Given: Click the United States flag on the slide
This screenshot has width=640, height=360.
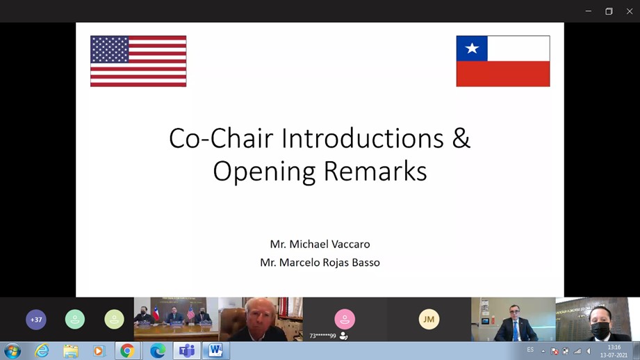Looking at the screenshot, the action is pos(138,61).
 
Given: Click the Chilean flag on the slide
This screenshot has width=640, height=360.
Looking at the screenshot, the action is pos(503,61).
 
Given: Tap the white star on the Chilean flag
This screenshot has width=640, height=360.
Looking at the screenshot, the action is pos(472,48).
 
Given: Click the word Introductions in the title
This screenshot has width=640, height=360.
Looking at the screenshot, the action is pos(363,138).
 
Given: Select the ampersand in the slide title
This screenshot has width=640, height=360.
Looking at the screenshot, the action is pos(461,138).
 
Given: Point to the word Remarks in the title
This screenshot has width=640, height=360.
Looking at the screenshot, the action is pos(375,171).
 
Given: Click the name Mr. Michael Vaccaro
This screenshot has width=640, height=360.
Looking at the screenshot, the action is pos(320,244).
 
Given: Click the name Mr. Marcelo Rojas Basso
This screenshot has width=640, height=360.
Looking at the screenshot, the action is pos(320,263).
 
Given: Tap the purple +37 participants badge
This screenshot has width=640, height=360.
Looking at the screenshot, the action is pos(36,320).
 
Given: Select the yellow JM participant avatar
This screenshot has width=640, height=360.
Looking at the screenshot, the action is pos(429,319).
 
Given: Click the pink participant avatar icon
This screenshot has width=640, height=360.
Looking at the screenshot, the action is pos(345,319).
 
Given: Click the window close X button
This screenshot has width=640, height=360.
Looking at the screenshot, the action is pos(630,11).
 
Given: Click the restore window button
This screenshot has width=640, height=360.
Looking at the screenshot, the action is pos(609,11).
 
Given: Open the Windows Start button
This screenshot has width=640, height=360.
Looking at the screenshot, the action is pos(13,351).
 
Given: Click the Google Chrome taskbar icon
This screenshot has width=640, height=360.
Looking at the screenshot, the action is pos(127,351).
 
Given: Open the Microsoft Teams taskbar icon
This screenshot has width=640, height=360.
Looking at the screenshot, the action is pos(187,351).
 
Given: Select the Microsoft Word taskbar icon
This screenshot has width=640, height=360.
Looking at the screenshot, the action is pos(215,351).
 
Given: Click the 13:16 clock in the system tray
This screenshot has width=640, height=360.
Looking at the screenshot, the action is pos(614,347).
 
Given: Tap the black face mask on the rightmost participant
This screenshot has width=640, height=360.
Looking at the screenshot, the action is pos(600,330).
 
